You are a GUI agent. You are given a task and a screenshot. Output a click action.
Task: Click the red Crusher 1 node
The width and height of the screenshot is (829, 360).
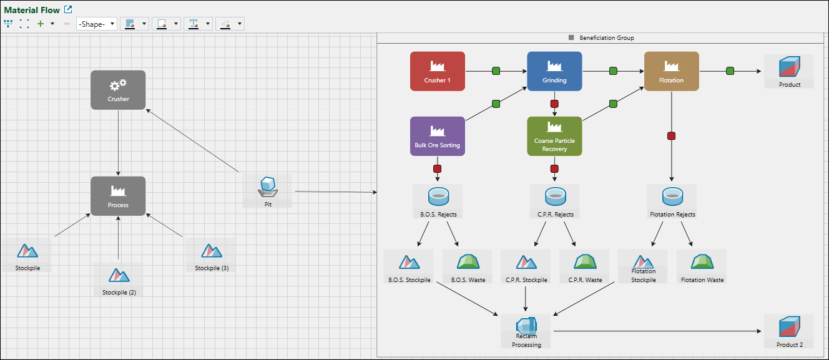[437, 71]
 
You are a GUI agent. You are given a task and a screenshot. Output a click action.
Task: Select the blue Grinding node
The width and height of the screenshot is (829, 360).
[554, 71]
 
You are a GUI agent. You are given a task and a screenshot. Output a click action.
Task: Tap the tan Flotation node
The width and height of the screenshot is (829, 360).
[671, 71]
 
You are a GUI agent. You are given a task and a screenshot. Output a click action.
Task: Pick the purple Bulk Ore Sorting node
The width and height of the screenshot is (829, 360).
[437, 136]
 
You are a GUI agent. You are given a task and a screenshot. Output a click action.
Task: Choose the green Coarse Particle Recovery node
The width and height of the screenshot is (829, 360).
[554, 136]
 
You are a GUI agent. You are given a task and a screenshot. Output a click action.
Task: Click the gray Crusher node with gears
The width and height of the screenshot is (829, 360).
[118, 90]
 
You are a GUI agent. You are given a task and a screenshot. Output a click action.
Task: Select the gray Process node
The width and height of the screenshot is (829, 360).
[118, 196]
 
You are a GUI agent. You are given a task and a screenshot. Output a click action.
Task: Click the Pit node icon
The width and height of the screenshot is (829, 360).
[268, 186]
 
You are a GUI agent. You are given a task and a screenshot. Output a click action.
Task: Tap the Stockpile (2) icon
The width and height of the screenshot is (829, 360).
[119, 275]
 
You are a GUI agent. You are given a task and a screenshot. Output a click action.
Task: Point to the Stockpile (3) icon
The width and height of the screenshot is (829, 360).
[212, 251]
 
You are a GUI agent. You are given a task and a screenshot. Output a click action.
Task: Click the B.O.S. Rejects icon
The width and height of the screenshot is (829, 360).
[438, 197]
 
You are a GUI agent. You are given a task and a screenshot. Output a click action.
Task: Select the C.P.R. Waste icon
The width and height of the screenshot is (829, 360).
[585, 262]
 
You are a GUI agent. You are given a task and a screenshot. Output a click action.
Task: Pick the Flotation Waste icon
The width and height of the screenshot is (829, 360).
[702, 262]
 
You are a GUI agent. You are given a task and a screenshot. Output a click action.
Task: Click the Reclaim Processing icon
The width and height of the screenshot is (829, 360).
[526, 325]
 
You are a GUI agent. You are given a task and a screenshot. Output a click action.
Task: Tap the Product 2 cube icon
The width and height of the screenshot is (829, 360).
[790, 327]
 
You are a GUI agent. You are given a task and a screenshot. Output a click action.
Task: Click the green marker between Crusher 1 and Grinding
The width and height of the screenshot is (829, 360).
[496, 71]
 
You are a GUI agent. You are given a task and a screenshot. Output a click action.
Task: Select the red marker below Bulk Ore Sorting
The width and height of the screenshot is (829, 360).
[438, 169]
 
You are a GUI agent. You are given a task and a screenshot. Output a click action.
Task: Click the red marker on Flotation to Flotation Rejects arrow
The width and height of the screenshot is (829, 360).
[672, 136]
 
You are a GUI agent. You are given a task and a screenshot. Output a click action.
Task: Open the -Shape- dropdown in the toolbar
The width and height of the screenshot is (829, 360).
[97, 24]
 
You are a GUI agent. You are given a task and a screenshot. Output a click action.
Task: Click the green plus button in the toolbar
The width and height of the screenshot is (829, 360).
[41, 24]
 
